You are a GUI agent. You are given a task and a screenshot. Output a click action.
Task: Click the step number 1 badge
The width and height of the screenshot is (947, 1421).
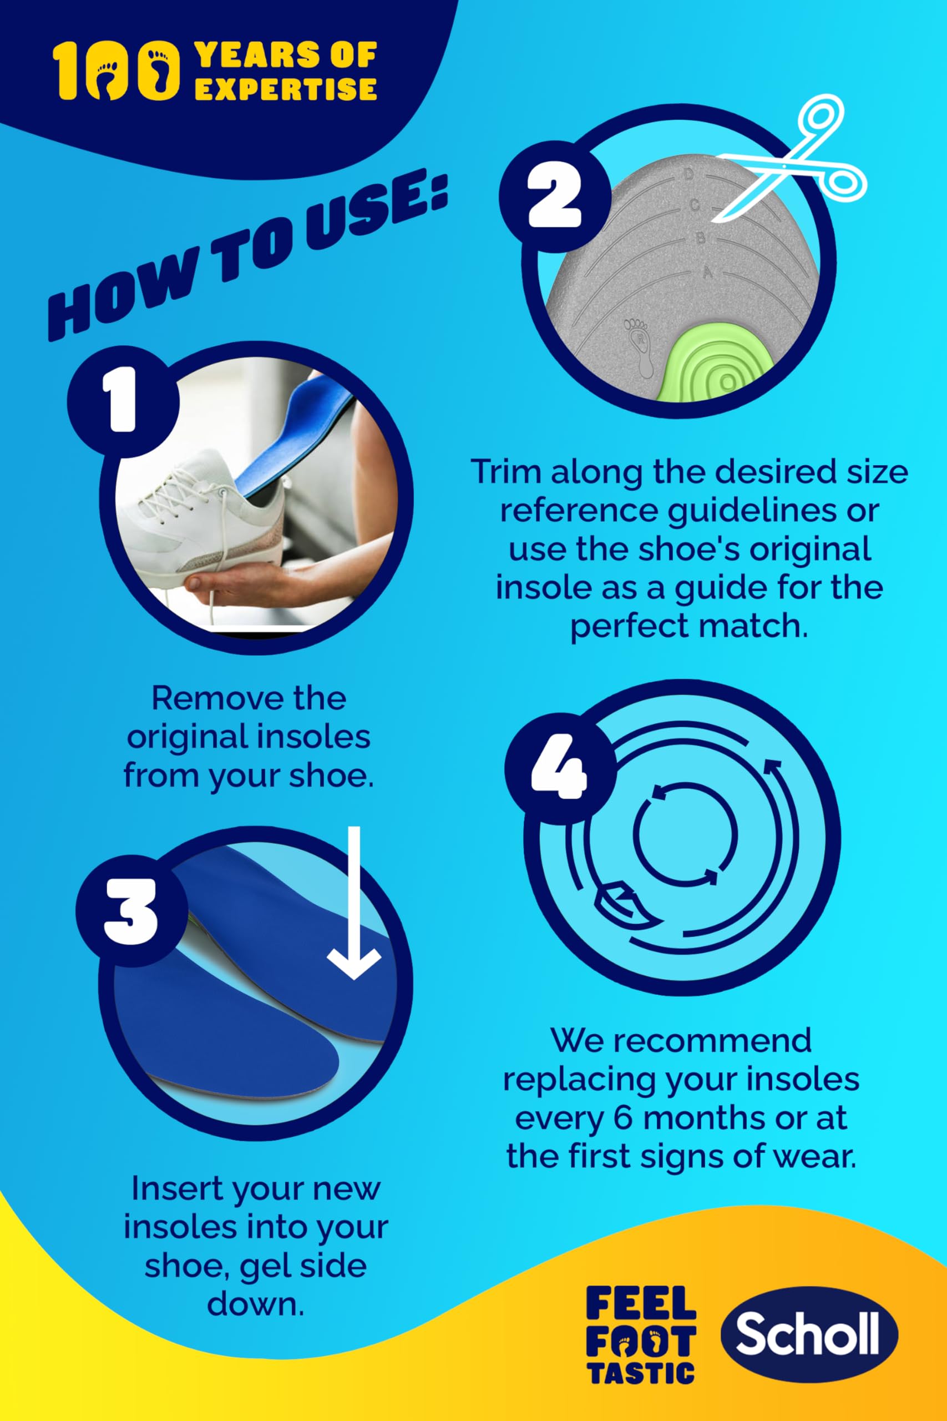(123, 401)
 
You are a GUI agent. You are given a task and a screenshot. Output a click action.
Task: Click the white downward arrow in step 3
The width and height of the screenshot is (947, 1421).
(354, 904)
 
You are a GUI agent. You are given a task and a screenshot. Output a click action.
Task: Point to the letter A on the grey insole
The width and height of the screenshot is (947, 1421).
(707, 273)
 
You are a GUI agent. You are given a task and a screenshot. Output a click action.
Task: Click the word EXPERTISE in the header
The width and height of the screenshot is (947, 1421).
(286, 89)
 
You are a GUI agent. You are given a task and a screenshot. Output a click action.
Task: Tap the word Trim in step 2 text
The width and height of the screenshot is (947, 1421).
(505, 472)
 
